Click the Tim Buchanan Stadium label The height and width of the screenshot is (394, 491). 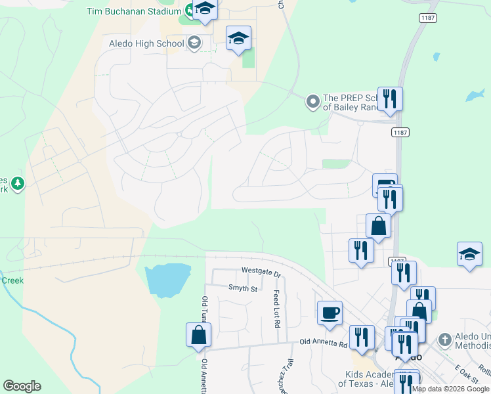(134, 12)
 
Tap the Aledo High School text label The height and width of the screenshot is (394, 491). (146, 44)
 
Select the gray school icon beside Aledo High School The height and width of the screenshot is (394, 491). (194, 43)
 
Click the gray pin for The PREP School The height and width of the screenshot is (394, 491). (312, 101)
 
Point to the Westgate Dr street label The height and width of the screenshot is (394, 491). (261, 272)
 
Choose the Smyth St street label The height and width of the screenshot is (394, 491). (244, 288)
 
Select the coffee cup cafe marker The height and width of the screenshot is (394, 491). (329, 312)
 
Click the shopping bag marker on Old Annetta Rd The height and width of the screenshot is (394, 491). (198, 335)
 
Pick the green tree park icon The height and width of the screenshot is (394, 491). (18, 183)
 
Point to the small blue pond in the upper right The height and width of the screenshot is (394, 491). (475, 95)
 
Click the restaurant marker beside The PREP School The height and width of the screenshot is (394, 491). (390, 99)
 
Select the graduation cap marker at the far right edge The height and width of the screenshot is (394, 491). (469, 254)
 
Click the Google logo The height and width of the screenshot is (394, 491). (22, 386)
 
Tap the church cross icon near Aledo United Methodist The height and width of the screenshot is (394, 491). (444, 339)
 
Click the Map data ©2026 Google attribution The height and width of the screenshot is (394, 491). (451, 389)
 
